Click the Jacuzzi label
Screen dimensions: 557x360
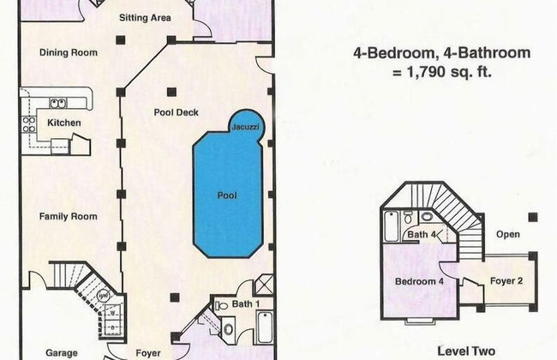point(245,127)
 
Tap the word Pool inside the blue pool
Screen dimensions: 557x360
point(227,195)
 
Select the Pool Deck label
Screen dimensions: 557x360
point(177,112)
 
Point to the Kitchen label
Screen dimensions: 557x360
point(64,123)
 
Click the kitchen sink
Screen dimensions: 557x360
point(57,104)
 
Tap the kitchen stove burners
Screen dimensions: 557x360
point(29,125)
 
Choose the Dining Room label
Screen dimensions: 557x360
point(69,52)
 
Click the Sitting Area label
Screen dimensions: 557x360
point(145,17)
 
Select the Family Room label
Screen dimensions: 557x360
point(68,216)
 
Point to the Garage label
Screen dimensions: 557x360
point(62,353)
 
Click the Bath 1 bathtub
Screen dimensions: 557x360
point(265,327)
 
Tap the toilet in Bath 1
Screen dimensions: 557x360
point(222,305)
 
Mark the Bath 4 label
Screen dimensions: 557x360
point(422,235)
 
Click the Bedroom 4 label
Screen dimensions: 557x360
point(419,281)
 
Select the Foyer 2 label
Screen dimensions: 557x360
point(506,281)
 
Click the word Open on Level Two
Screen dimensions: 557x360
point(508,234)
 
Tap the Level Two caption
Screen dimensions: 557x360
point(466,351)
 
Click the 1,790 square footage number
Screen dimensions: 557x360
point(426,72)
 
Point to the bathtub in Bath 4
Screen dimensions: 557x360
point(392,226)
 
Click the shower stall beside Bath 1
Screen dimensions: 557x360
point(264,285)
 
